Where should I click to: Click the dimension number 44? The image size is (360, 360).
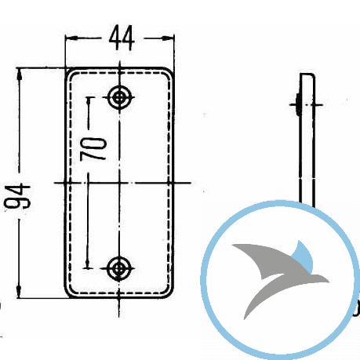point(122,38)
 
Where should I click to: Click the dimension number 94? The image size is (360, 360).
point(18,197)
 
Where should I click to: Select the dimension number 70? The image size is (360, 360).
point(93,149)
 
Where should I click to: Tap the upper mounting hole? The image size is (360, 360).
point(119,97)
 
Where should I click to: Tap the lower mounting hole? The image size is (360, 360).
point(119,268)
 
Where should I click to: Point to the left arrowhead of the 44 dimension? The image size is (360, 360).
point(71,38)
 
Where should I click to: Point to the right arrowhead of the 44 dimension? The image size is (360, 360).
point(168,38)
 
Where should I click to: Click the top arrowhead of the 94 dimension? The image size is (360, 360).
point(19,75)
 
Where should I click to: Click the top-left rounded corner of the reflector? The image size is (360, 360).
point(68,72)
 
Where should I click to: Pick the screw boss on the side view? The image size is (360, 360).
point(297,104)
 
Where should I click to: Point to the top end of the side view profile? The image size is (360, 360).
point(307,74)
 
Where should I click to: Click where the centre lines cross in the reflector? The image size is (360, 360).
point(119,183)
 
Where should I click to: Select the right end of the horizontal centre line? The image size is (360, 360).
point(191,183)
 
